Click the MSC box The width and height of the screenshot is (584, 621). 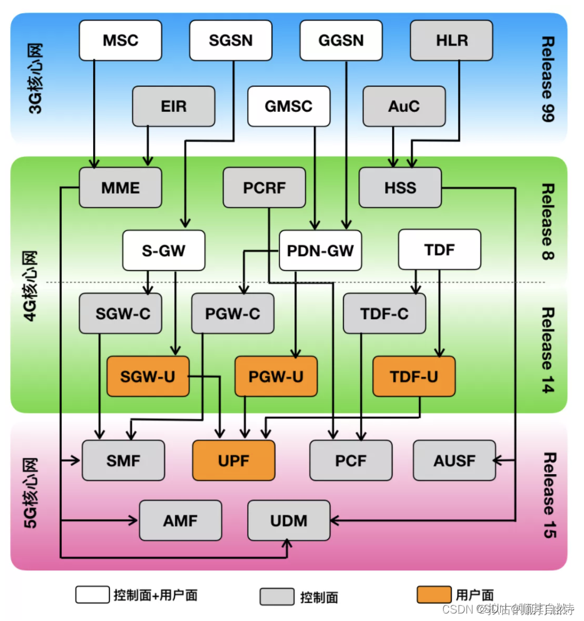[x=120, y=41]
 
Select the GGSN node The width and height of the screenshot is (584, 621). [x=341, y=41]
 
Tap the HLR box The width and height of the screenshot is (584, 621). [x=451, y=41]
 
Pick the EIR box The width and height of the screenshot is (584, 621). [x=173, y=106]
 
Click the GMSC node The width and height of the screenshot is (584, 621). [x=288, y=106]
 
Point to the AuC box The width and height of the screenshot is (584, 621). [x=404, y=106]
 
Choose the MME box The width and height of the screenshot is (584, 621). [x=120, y=187]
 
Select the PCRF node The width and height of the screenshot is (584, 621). [x=264, y=187]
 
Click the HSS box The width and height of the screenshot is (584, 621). [x=400, y=187]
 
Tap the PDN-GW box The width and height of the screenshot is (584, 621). [x=320, y=251]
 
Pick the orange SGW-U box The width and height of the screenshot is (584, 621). [x=148, y=376]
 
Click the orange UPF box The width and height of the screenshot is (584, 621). [x=233, y=460]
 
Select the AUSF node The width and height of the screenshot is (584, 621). [x=454, y=460]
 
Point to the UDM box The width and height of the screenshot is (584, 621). [x=289, y=520]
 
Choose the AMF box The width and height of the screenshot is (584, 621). [x=180, y=520]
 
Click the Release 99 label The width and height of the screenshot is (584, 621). [x=547, y=78]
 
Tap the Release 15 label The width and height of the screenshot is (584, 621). [x=547, y=495]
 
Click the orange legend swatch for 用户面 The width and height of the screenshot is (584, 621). [x=433, y=595]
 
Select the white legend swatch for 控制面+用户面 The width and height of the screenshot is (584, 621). [x=93, y=595]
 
